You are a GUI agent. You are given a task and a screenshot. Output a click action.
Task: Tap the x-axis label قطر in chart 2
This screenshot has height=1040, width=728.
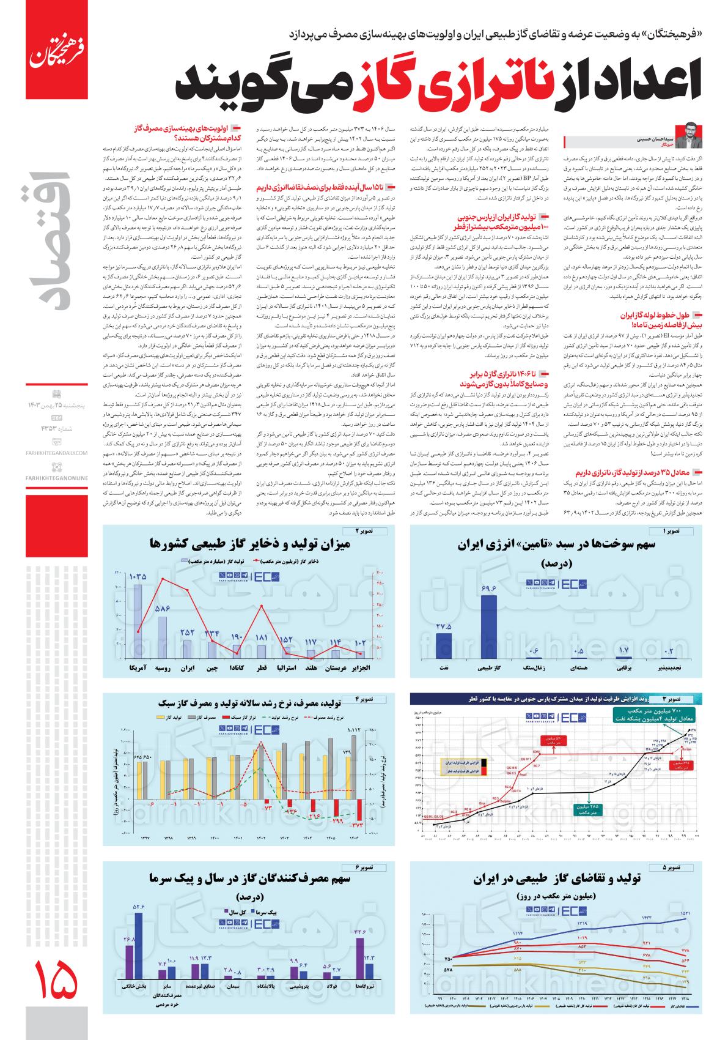pyautogui.click(x=261, y=667)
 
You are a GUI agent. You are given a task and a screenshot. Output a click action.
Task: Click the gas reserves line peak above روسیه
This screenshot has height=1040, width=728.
pyautogui.click(x=162, y=578)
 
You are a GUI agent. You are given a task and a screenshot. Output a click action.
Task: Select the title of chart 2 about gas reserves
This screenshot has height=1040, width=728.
pyautogui.click(x=249, y=543)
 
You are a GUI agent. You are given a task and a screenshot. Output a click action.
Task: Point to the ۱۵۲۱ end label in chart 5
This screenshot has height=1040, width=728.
pyautogui.click(x=685, y=914)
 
